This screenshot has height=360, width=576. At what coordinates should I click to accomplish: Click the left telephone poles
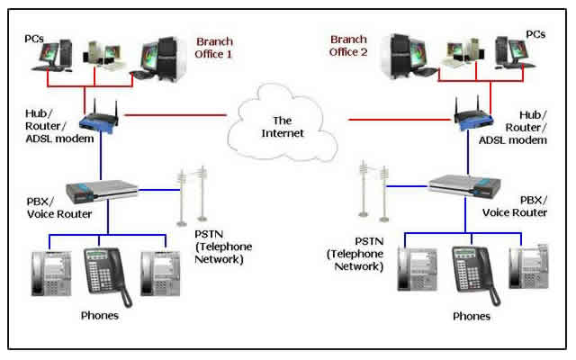pos(191,194)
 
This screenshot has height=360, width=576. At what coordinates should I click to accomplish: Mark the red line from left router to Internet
pos(175,115)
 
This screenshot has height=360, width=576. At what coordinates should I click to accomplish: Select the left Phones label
pos(100,316)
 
